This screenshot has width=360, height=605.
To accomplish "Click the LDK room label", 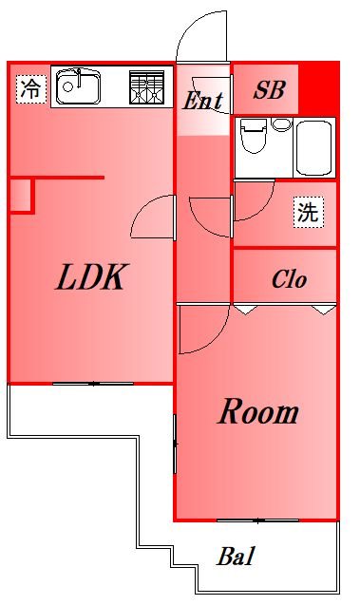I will tap(91, 277).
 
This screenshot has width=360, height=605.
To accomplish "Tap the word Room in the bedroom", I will tap(258, 412).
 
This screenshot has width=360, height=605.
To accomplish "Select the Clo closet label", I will tap(289, 280).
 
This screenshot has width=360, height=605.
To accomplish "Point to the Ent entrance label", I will tap(202, 100).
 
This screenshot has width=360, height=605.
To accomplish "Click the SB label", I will tap(269, 91).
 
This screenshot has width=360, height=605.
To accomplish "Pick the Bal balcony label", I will tap(237, 557).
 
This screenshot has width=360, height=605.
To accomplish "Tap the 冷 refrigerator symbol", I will tap(30, 89).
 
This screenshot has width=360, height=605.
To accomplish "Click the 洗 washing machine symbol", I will tap(307, 212).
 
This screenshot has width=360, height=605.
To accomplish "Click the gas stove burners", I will tap(146, 88).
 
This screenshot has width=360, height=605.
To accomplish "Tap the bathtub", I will tap(315, 147).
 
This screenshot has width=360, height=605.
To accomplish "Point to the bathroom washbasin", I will tap(280, 124).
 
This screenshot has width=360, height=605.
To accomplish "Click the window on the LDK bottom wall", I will tap(93, 383).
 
